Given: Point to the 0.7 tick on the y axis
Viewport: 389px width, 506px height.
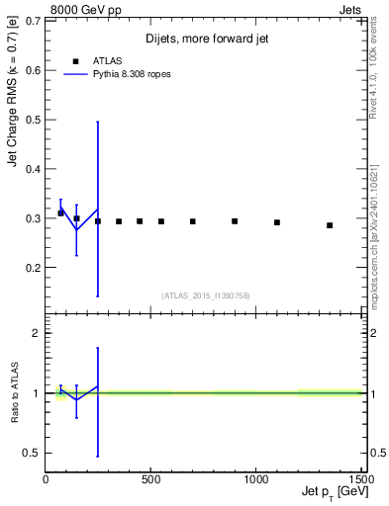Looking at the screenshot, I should [34, 21].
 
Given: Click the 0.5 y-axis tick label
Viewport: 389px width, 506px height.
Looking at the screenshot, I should [34, 120].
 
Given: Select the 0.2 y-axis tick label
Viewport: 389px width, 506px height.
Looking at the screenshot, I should [34, 268].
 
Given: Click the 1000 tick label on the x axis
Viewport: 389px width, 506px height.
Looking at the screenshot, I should [257, 479].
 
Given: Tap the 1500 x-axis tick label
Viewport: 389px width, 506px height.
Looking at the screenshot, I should [360, 479].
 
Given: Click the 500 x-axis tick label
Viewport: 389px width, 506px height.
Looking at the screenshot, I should [151, 479].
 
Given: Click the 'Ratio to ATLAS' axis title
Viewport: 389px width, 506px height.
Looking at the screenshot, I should [14, 393].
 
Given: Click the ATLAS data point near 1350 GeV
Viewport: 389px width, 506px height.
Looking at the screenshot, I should [330, 225].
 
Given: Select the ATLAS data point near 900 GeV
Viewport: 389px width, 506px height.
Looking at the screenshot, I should [235, 221].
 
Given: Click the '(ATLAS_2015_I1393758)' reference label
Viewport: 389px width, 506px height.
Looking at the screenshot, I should [205, 295].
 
